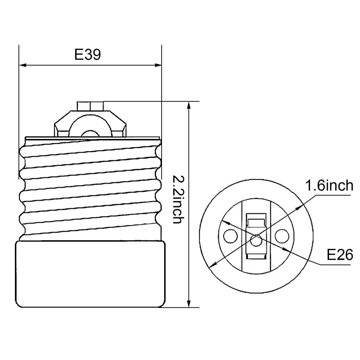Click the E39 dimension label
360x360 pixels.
87,54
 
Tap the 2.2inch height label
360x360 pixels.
177,199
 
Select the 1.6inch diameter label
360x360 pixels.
329,185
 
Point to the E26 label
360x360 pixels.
340,255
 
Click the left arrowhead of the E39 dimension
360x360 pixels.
23,65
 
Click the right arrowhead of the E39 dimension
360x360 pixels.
158,65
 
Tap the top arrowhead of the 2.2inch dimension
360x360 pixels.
189,105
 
